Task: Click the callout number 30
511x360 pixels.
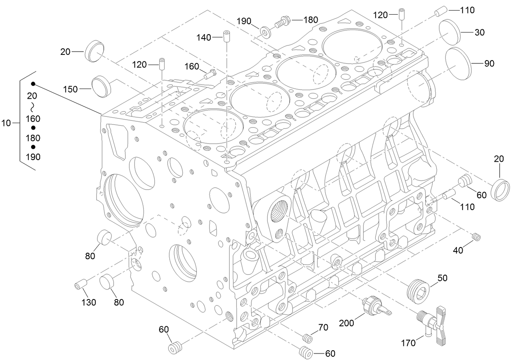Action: [479, 33]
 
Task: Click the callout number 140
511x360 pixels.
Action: [204, 37]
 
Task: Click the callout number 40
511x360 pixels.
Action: [458, 251]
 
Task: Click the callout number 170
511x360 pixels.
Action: [409, 343]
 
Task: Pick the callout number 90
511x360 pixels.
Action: [489, 64]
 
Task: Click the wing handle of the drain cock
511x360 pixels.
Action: [443, 327]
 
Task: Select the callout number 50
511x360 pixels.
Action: [442, 278]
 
